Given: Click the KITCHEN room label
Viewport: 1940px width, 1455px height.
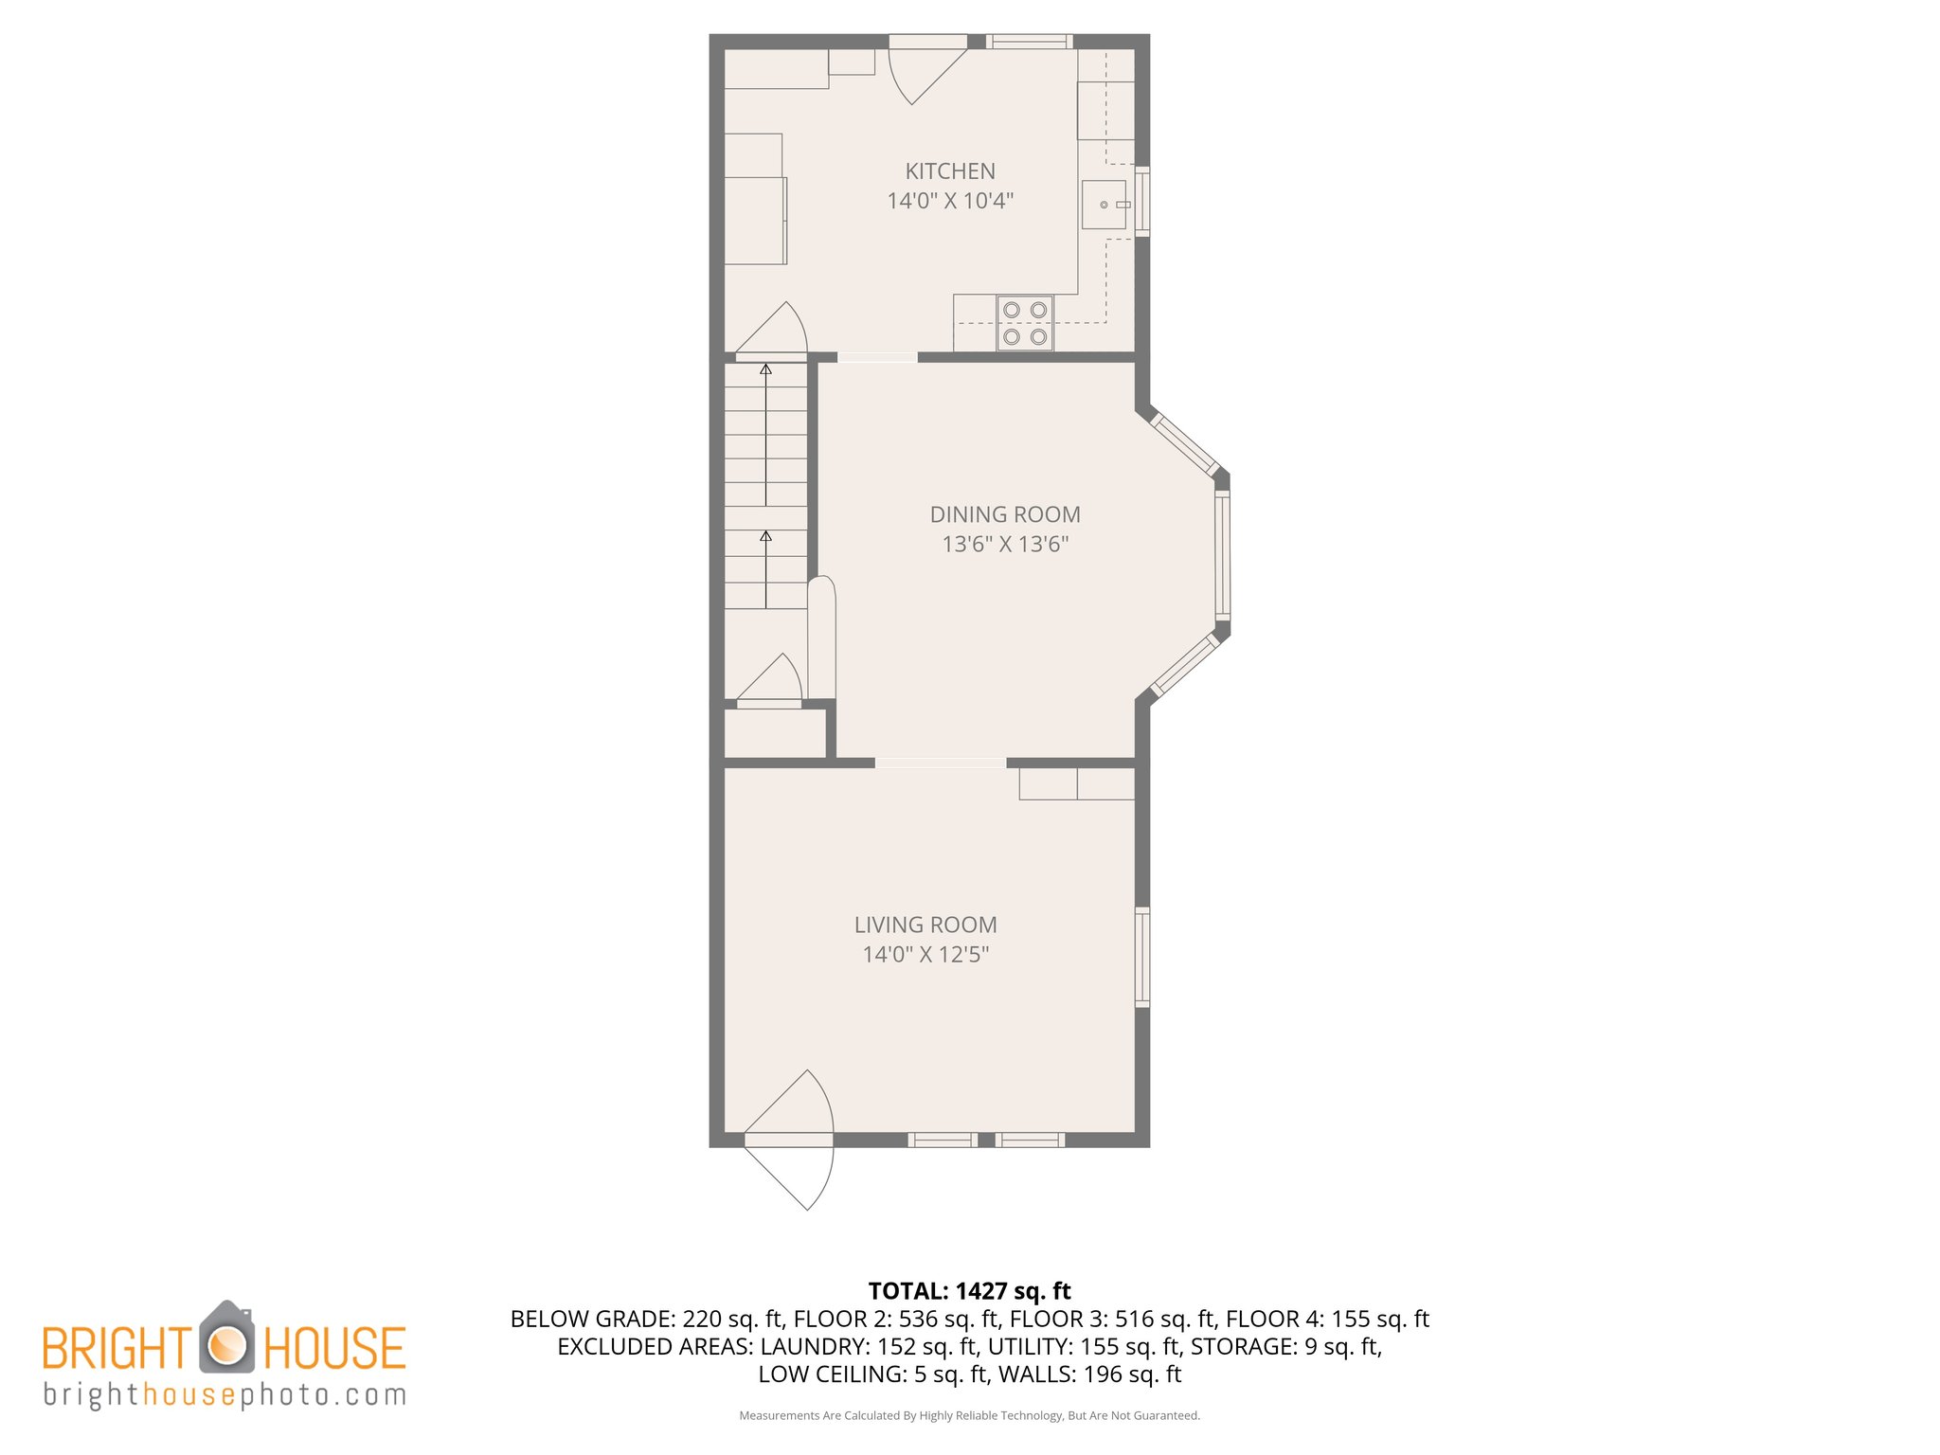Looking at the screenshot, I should point(950,171).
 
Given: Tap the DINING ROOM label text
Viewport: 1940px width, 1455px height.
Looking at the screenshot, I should point(1005,514).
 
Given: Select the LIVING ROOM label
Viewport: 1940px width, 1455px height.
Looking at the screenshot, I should point(925,925).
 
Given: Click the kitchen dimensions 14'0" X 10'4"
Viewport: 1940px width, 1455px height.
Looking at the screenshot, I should point(950,201).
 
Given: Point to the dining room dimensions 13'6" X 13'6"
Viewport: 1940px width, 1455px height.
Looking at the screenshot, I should point(1005,544).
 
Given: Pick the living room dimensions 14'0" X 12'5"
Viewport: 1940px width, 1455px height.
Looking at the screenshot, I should point(925,954).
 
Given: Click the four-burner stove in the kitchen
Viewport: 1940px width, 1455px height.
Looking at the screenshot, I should point(1025,323).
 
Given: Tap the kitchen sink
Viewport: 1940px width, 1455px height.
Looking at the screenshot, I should point(1105,205).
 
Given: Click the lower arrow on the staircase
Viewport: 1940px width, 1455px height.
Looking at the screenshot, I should point(765,568).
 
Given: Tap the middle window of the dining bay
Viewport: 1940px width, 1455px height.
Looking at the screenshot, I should point(1222,554).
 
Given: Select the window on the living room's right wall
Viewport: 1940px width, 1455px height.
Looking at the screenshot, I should point(1142,957).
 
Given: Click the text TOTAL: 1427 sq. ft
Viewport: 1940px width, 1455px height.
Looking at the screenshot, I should point(969,1291).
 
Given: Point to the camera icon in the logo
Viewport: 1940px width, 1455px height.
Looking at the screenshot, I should point(226,1339).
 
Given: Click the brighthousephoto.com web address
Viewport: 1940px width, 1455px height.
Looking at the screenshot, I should point(225,1394).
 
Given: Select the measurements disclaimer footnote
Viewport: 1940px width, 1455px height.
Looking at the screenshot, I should point(969,1415).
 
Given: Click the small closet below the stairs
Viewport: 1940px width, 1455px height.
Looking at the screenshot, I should point(774,732).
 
